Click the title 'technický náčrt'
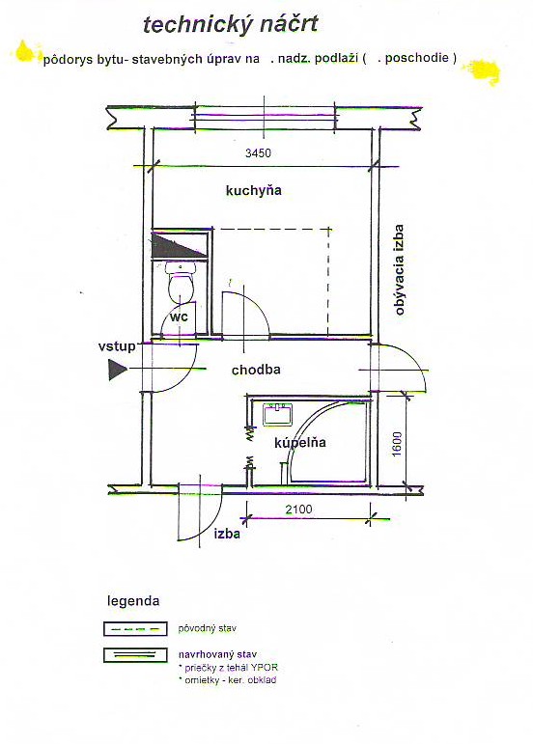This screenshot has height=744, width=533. click(230, 25)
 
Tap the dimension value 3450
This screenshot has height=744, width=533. click(258, 152)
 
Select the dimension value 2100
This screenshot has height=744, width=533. click(298, 510)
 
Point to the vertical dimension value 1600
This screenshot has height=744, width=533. click(397, 444)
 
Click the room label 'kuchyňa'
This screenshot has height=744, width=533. click(253, 191)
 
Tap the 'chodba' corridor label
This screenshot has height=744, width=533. click(256, 370)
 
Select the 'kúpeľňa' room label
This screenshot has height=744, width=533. click(300, 443)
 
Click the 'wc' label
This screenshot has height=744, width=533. click(179, 317)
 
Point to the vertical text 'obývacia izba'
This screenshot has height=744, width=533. click(399, 270)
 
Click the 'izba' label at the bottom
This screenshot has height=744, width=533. click(227, 534)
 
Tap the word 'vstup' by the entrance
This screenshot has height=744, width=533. click(117, 346)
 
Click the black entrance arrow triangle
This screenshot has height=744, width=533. click(117, 370)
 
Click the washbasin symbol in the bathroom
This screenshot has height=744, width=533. click(278, 414)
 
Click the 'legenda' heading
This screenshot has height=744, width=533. click(133, 601)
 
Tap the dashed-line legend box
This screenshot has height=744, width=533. click(135, 629)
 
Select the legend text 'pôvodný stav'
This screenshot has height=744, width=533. click(207, 629)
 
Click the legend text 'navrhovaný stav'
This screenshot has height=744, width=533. click(217, 654)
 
